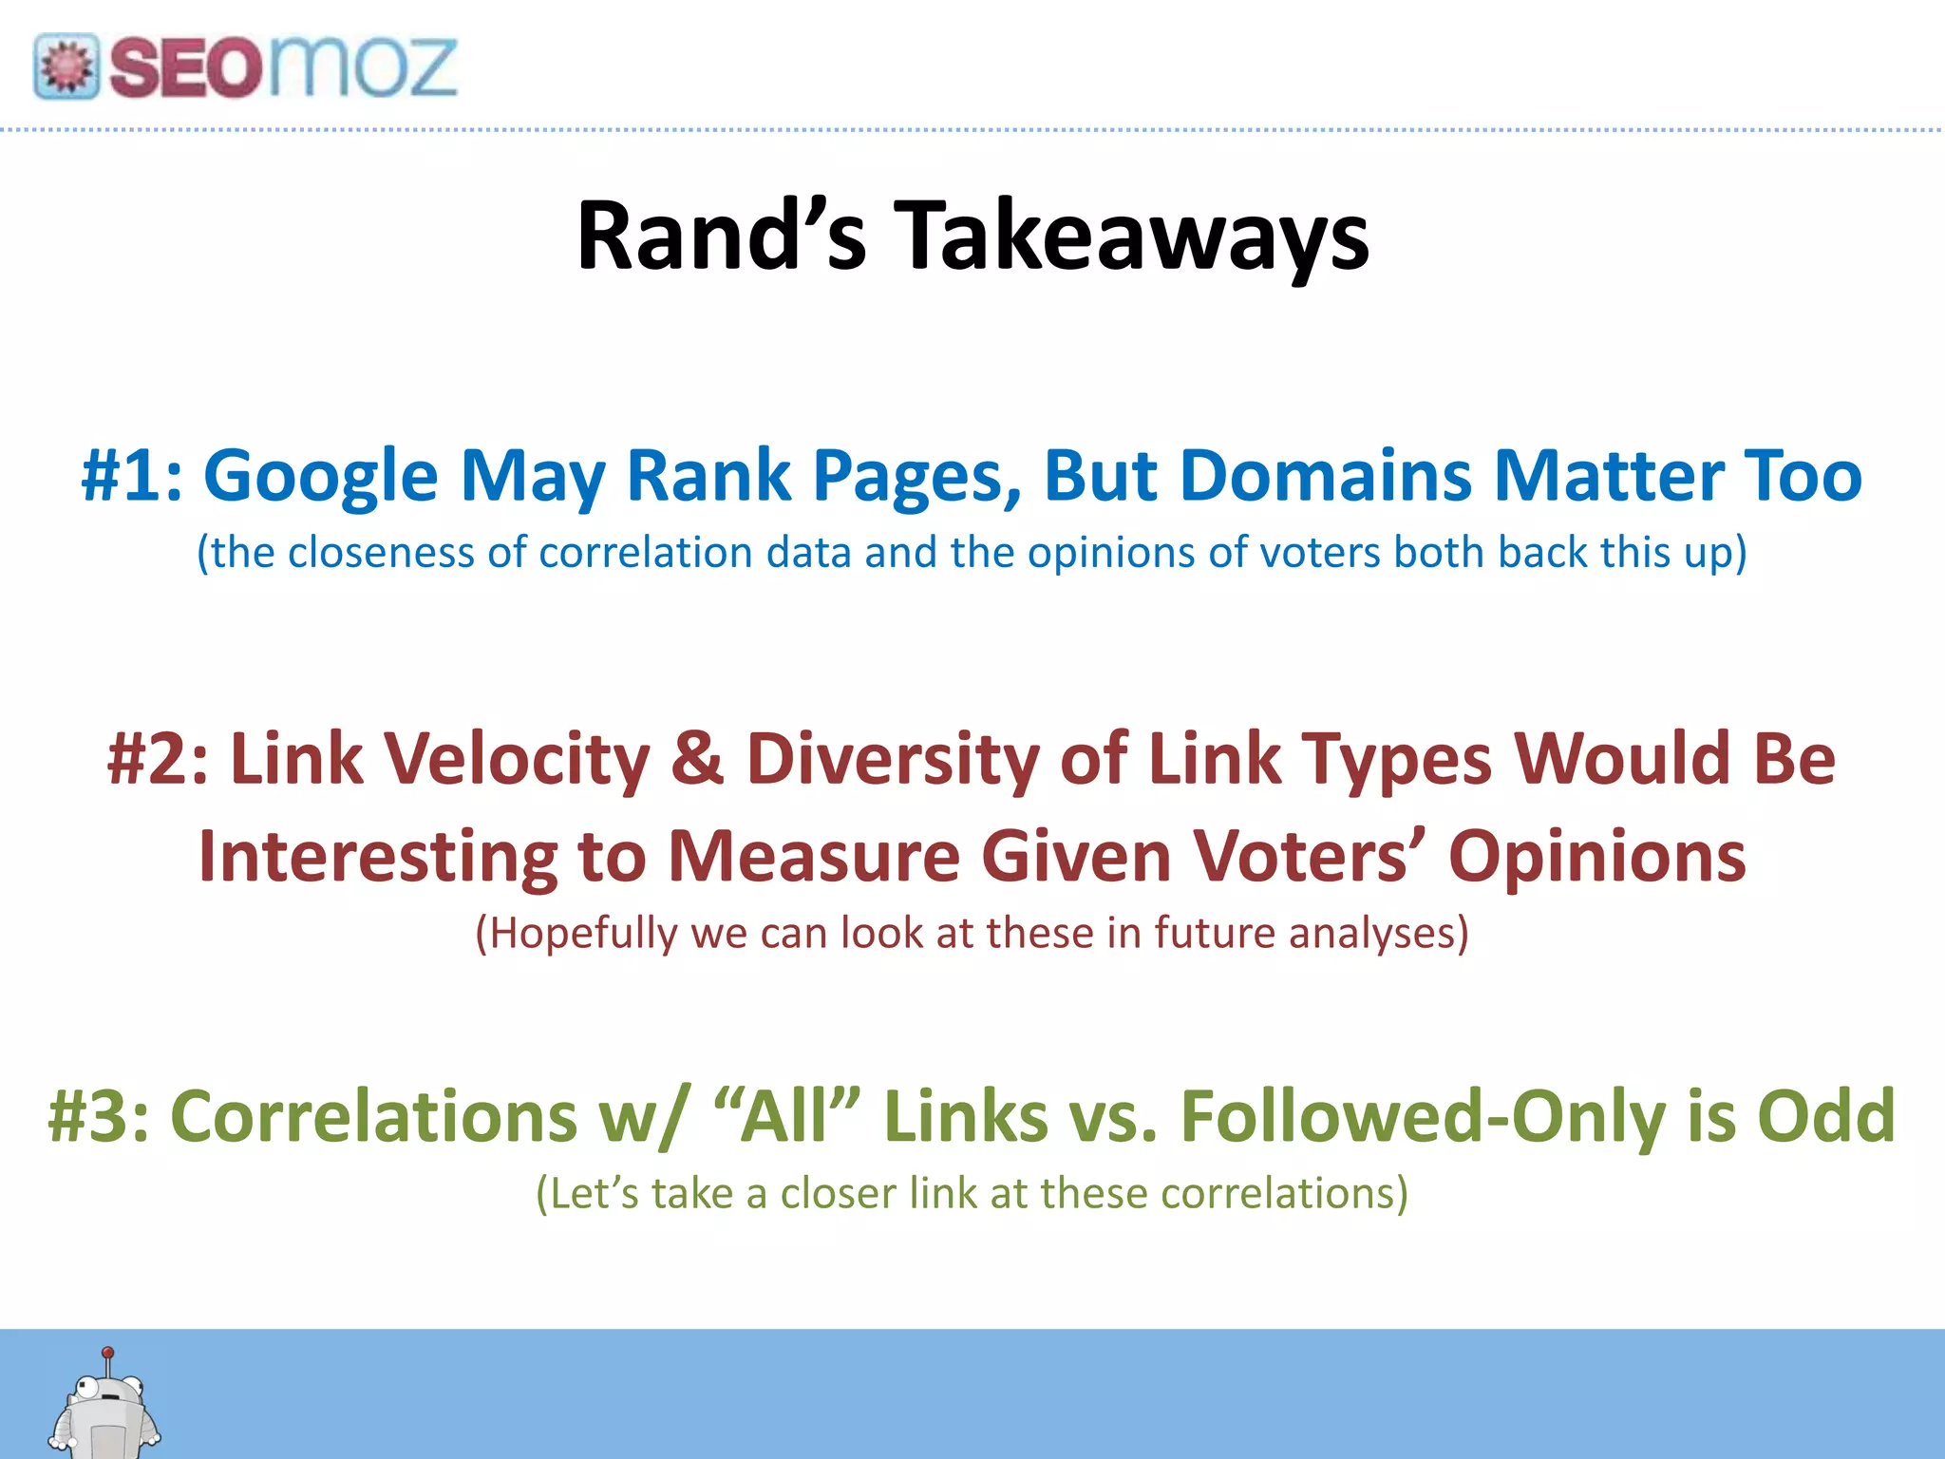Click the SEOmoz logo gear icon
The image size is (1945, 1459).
coord(66,66)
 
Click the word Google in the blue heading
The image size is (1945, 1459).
coord(320,475)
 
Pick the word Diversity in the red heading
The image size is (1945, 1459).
coord(893,759)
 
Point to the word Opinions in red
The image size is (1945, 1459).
coord(1596,856)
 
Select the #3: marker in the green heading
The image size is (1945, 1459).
coord(98,1115)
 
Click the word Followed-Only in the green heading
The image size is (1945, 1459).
coord(1423,1115)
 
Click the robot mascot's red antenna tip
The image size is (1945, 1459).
coord(108,1352)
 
